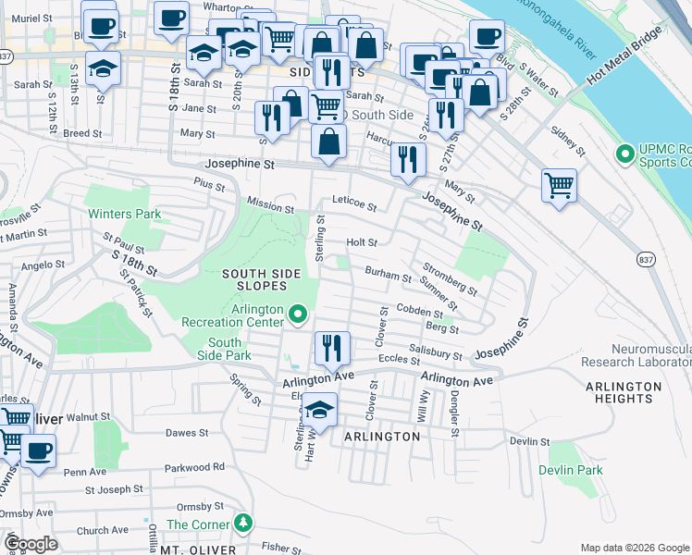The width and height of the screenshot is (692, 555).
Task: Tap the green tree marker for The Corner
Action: pyautogui.click(x=242, y=524)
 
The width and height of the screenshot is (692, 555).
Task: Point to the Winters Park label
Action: pyautogui.click(x=124, y=214)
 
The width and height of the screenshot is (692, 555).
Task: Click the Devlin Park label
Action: pyautogui.click(x=572, y=470)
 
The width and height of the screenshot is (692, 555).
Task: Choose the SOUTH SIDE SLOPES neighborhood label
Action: pyautogui.click(x=262, y=279)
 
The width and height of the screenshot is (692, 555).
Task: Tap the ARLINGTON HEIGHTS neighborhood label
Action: pyautogui.click(x=624, y=392)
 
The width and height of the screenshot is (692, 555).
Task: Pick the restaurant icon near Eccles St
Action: pyautogui.click(x=332, y=349)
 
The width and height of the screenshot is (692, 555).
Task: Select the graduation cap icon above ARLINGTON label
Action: pyautogui.click(x=320, y=408)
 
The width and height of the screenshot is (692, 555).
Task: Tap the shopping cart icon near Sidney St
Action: pyautogui.click(x=560, y=185)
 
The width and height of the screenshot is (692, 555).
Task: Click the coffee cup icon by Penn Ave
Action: pyautogui.click(x=38, y=451)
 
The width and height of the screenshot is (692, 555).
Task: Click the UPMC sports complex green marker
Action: pyautogui.click(x=624, y=152)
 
